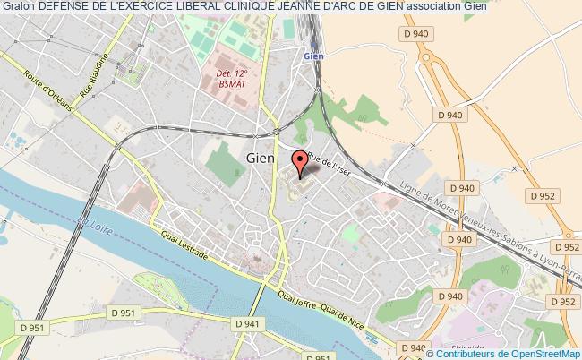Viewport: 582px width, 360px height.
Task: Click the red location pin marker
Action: coord(301,164)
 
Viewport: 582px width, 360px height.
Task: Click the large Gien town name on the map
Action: coord(260,156)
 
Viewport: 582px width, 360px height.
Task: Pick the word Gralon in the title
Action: coord(18,8)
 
